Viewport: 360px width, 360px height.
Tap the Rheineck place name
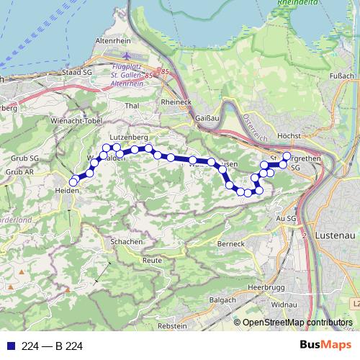point(176,102)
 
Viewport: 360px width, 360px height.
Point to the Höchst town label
point(288,135)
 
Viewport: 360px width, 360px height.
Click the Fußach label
point(341,75)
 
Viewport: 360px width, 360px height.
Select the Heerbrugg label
point(262,286)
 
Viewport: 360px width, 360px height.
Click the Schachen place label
point(126,242)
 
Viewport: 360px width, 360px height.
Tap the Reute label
point(152,259)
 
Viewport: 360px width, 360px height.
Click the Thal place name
point(131,106)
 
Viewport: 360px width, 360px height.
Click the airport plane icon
point(127,56)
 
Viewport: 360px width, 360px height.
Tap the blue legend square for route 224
point(9,346)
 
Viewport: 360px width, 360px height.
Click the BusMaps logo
point(325,346)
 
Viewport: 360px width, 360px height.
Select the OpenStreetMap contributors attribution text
point(297,323)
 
